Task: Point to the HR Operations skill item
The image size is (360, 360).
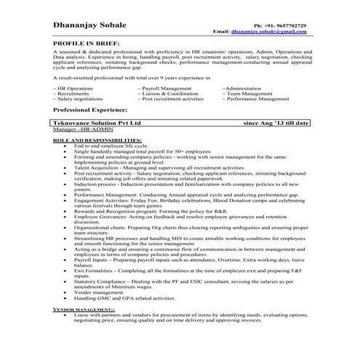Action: click(x=73, y=87)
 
